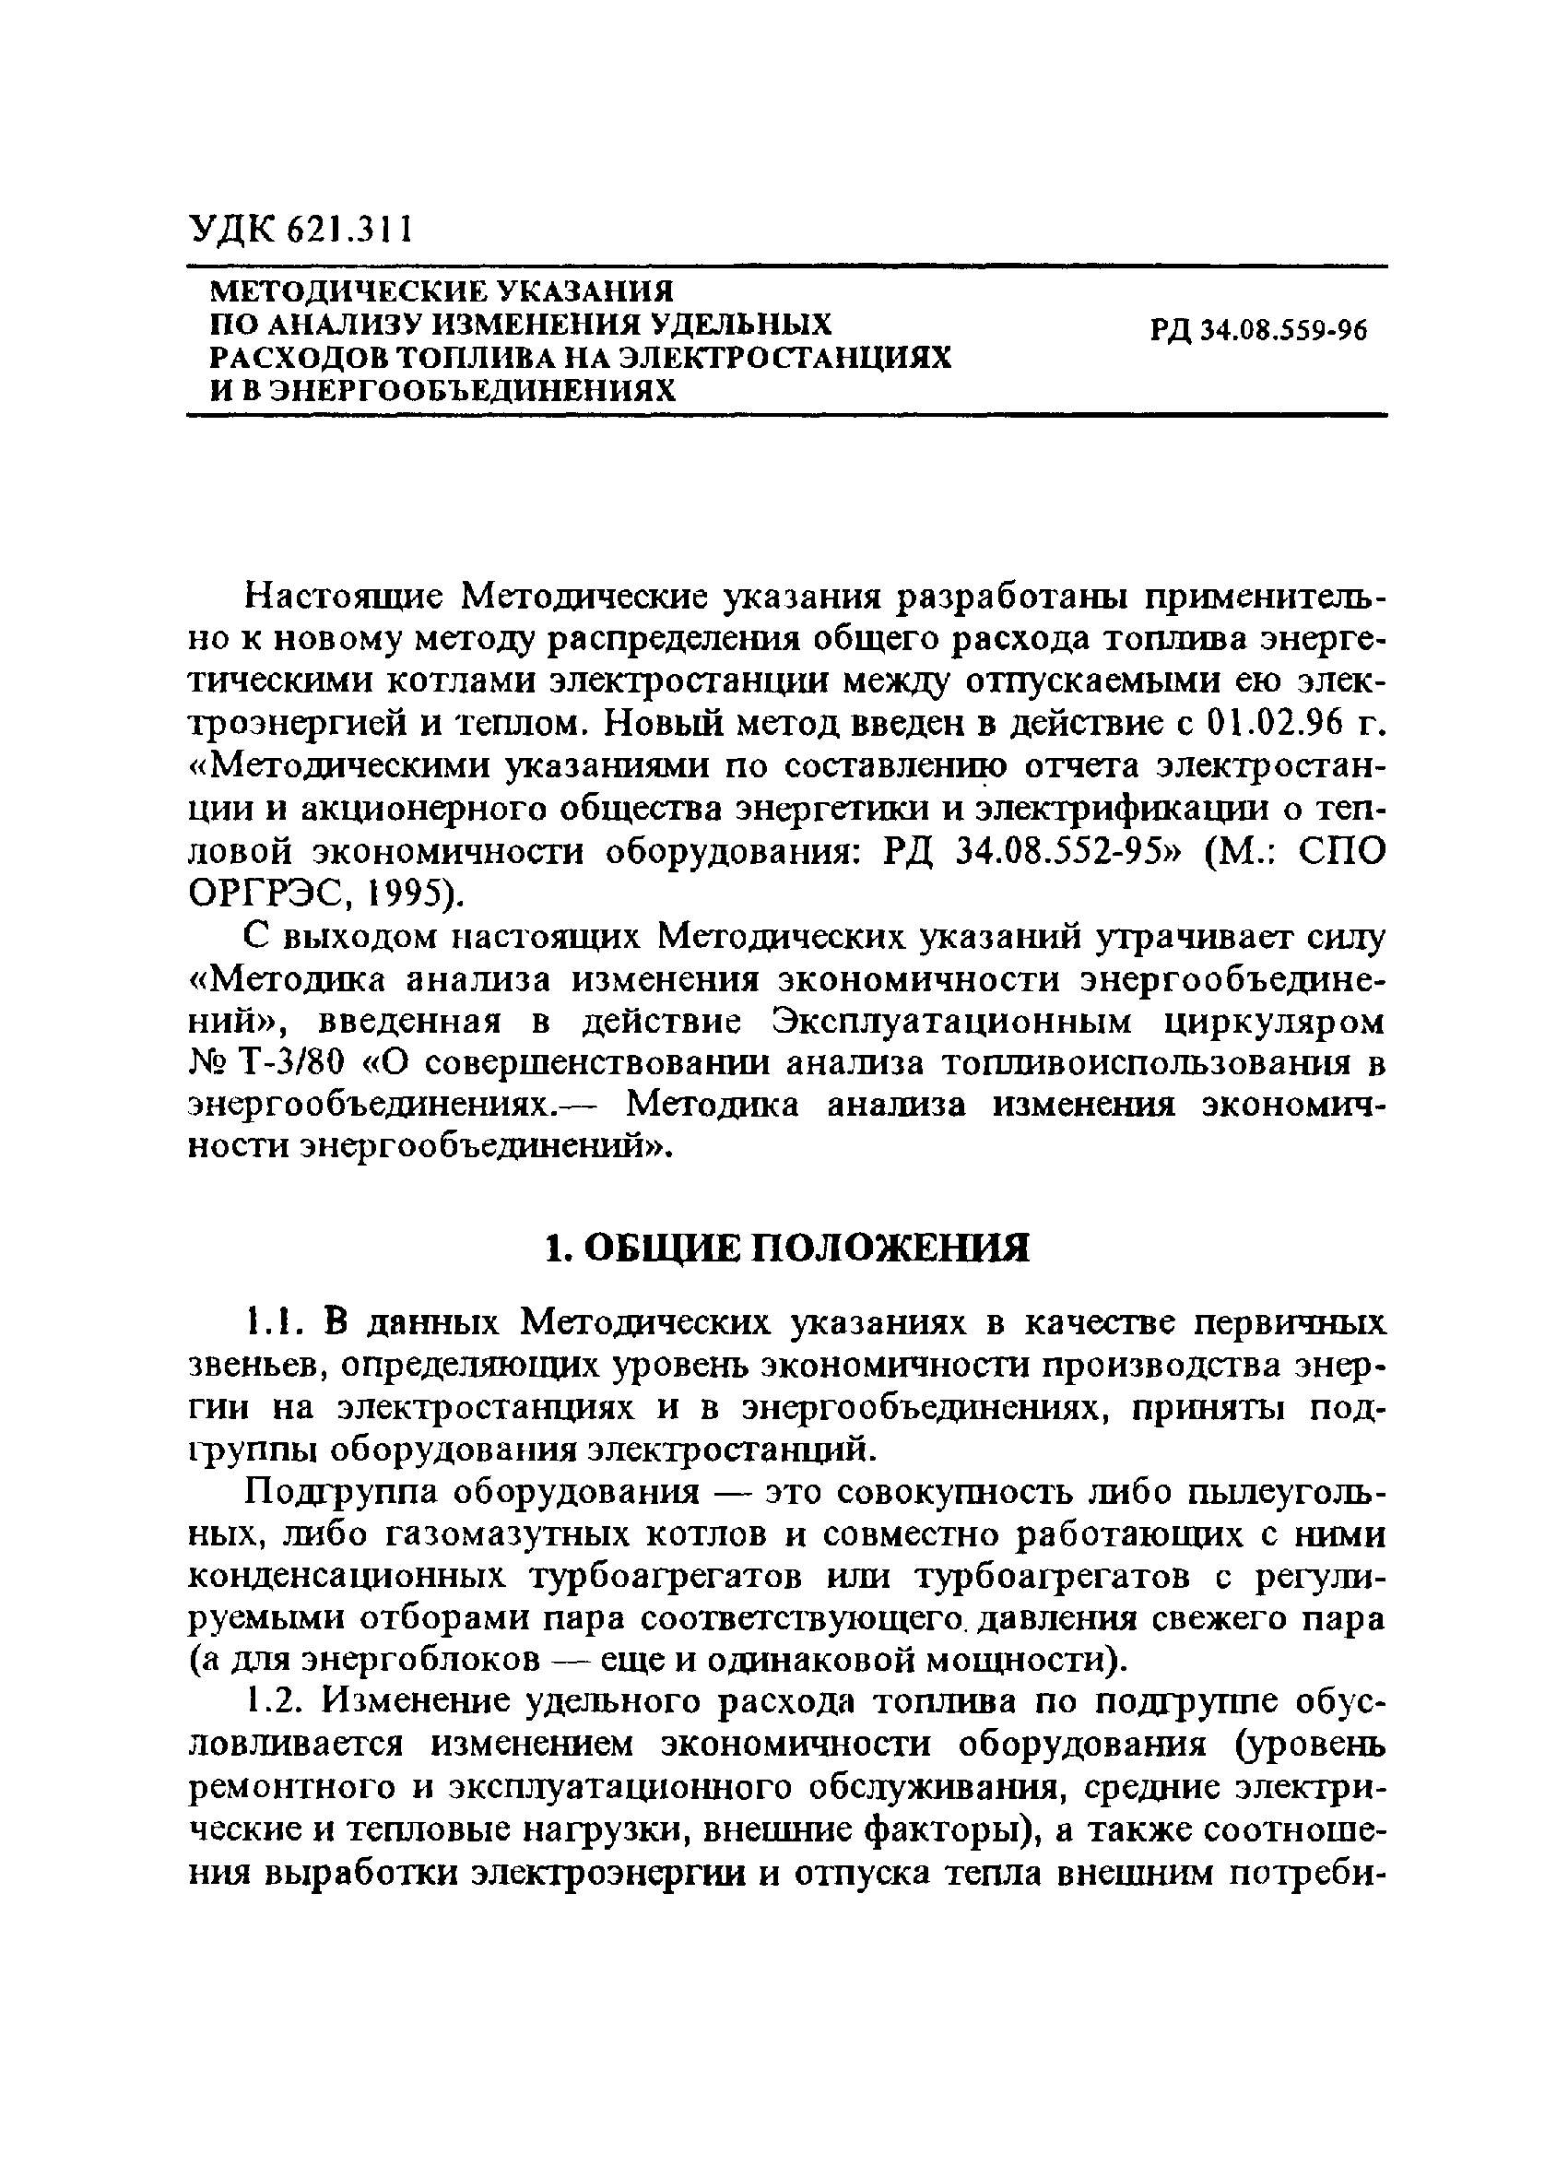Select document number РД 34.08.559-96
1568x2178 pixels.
coord(1257,330)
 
